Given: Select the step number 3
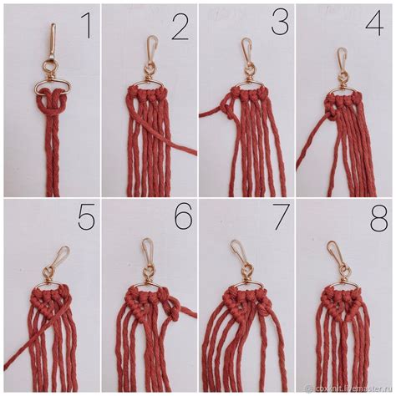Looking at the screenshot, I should point(281,23).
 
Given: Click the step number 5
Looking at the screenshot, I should point(86,218).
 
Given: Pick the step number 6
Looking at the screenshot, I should point(183,218).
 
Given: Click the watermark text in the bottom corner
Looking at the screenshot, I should point(348,388).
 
